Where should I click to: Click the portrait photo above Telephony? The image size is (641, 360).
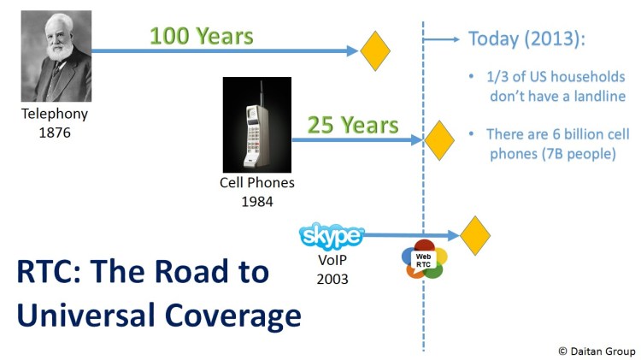56,56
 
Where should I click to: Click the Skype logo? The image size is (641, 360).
332,235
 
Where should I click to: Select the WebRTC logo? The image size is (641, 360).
422,260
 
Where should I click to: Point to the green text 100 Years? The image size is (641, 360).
201,37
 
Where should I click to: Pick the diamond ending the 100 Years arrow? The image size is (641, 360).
375,50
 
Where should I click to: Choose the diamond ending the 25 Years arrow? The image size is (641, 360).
439,139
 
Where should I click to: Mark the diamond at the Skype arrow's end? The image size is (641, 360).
474,235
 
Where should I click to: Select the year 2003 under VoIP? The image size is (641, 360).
332,279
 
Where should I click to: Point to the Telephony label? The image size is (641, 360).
55,114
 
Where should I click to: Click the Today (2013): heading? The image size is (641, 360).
529,39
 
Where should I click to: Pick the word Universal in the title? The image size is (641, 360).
79,316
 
